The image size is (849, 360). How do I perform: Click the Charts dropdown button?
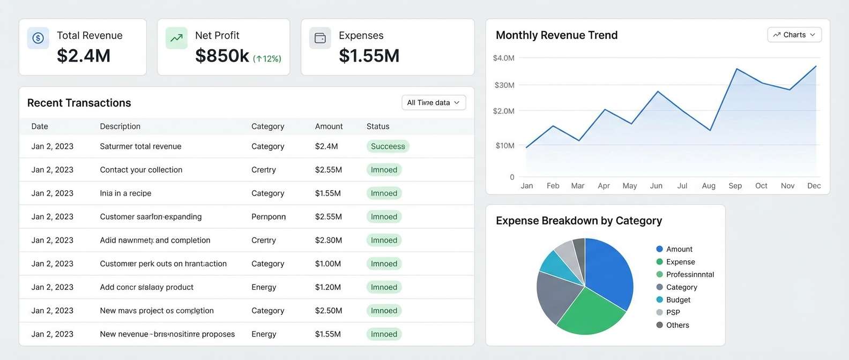[794, 35]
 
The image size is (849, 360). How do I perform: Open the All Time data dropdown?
[433, 102]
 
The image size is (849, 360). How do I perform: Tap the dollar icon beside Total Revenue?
[38, 38]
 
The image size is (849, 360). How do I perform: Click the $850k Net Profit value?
[222, 56]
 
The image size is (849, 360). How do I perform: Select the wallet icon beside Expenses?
[320, 38]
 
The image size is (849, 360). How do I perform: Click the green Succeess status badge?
[388, 146]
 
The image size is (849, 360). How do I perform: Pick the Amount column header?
[329, 126]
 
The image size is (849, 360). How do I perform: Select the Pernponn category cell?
[269, 216]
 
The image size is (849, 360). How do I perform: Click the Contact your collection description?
[141, 170]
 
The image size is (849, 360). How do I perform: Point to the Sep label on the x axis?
[735, 186]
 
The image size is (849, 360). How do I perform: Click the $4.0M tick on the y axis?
[503, 58]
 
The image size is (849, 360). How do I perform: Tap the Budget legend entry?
[677, 300]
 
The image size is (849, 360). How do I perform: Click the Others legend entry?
[677, 325]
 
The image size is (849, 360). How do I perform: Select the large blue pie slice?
[608, 271]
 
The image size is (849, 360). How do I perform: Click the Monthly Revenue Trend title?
[556, 35]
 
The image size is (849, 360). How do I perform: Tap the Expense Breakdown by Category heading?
[578, 221]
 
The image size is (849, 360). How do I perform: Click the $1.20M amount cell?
[328, 287]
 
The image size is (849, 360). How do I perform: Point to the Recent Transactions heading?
[79, 103]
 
